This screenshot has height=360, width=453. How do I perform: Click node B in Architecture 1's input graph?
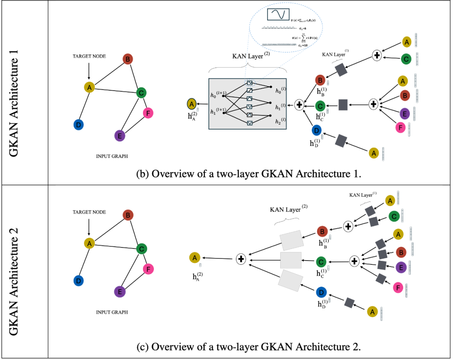128,59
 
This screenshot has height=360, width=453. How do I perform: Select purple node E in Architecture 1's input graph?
120,136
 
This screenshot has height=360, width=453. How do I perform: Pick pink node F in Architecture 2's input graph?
148,269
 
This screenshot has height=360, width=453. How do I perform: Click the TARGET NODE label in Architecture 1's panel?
89,56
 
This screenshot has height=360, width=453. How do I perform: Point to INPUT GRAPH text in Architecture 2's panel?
112,312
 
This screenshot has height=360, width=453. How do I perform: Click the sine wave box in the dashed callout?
279,15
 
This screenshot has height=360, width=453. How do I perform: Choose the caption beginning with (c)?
249,347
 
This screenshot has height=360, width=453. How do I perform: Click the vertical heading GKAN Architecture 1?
14,93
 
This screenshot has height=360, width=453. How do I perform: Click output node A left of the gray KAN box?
191,104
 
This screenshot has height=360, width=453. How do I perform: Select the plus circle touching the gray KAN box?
299,104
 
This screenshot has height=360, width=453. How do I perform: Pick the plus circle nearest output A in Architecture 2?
241,259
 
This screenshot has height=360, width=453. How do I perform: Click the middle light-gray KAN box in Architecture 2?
291,261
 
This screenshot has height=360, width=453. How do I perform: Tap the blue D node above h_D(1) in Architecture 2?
321,292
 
